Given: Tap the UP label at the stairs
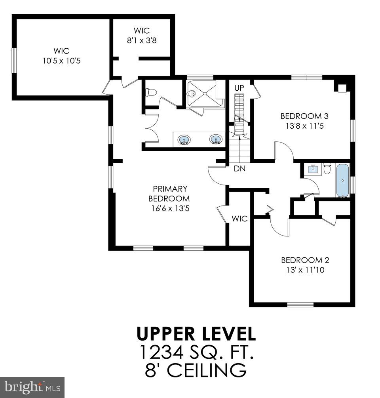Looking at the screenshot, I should (x=239, y=88).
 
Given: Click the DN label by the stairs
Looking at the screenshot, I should (x=239, y=168).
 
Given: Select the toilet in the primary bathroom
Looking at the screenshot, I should (x=151, y=93).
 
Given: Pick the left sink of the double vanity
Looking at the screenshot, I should (x=183, y=139).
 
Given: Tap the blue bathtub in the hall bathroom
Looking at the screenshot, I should (x=343, y=180).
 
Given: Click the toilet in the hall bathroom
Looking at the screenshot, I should (x=327, y=169).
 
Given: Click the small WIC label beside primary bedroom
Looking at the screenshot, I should (x=239, y=219).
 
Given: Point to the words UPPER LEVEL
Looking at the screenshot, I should (x=196, y=334).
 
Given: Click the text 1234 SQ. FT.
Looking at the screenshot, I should (x=196, y=352).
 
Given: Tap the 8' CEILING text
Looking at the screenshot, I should (x=196, y=371).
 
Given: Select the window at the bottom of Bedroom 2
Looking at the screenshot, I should (x=300, y=305).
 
